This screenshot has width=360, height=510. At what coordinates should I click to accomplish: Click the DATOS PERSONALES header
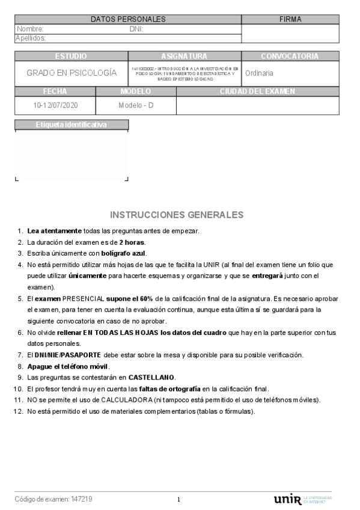[128, 19]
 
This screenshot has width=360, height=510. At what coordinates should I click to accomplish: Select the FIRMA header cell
[290, 19]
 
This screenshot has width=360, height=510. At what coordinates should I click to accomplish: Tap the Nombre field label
[30, 29]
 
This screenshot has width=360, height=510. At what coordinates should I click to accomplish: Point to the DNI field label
[136, 29]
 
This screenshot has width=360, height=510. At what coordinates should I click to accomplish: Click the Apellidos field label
[31, 38]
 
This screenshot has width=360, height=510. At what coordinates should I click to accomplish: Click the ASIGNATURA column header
[184, 57]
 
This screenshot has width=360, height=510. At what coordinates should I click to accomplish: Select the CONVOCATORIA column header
[290, 57]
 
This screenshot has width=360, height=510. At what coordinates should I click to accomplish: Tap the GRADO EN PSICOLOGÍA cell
[71, 73]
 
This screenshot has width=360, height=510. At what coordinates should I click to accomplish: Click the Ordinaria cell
[260, 73]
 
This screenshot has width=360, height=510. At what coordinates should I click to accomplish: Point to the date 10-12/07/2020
[55, 106]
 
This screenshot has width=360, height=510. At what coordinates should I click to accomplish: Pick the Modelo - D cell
[136, 106]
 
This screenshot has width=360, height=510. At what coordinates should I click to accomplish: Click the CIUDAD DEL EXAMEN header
[257, 91]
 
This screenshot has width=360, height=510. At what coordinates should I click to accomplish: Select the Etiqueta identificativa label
[71, 125]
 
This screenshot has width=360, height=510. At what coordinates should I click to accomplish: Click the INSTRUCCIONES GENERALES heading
[177, 215]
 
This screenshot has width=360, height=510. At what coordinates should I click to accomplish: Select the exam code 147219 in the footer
[81, 499]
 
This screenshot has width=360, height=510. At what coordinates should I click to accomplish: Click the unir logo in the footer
[287, 499]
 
